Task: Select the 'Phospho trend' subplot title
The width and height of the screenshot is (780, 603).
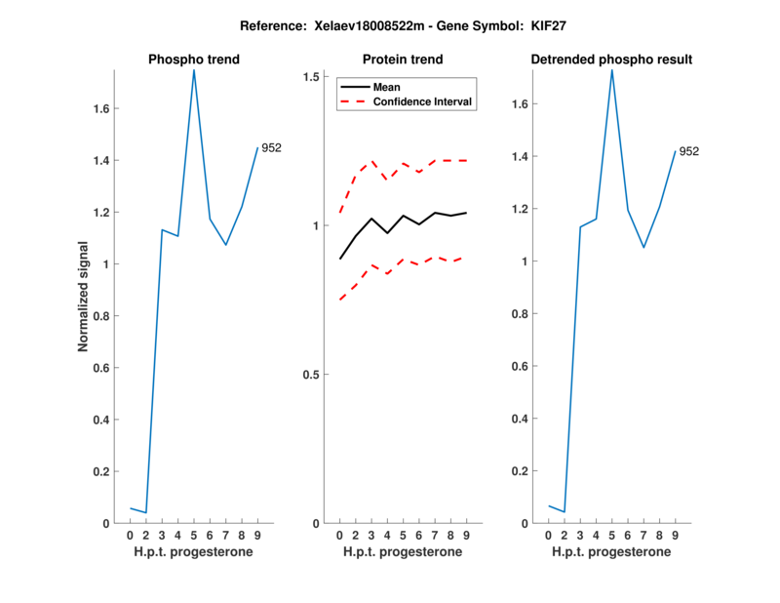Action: pyautogui.click(x=194, y=60)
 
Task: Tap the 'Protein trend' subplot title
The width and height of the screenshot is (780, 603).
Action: pyautogui.click(x=403, y=60)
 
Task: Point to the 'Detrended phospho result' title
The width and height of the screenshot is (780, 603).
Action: pyautogui.click(x=611, y=60)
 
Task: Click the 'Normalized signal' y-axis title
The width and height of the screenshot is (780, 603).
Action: pyautogui.click(x=84, y=296)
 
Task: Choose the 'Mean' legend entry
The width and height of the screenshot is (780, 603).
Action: pyautogui.click(x=387, y=87)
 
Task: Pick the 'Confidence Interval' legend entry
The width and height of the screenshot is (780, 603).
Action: pyautogui.click(x=423, y=101)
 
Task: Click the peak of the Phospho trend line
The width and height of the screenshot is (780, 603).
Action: pyautogui.click(x=194, y=70)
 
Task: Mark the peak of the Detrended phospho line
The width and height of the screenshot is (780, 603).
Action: pyautogui.click(x=612, y=70)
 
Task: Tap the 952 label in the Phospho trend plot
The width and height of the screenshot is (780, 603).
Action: pyautogui.click(x=271, y=148)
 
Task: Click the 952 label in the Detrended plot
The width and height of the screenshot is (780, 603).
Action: pyautogui.click(x=689, y=151)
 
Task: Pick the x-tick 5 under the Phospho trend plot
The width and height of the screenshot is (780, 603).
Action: pyautogui.click(x=194, y=535)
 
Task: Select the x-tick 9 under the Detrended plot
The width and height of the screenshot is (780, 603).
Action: pyautogui.click(x=675, y=535)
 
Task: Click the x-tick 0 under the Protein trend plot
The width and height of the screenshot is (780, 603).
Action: pyautogui.click(x=339, y=535)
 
